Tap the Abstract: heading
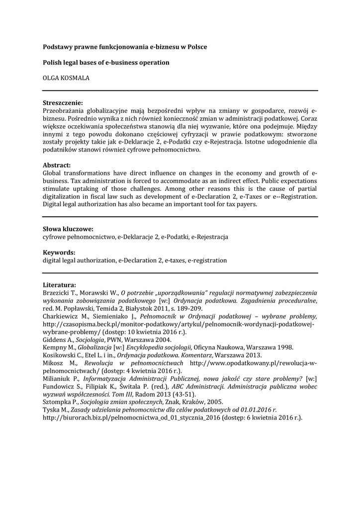point(57,165)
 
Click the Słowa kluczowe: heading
point(68,229)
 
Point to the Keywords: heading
point(59,253)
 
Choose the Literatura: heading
point(60,285)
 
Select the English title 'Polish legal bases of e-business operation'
point(106,63)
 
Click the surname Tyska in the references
point(51,410)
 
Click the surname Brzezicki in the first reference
point(57,293)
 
